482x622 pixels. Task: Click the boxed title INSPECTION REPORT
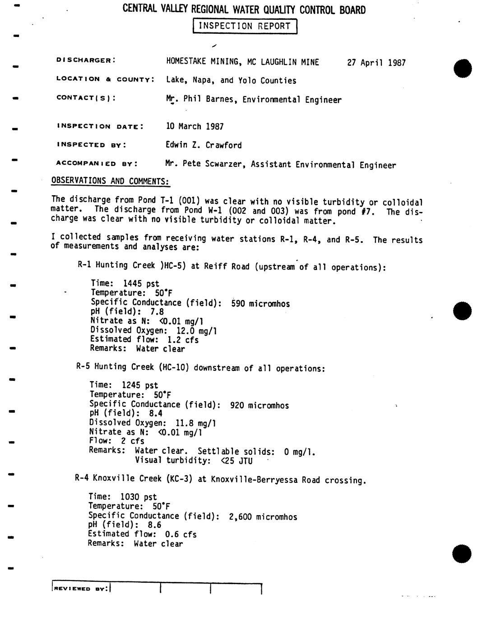[245, 26]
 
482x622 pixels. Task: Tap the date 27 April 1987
[376, 63]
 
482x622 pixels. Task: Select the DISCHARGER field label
[86, 60]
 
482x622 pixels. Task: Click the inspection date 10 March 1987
[195, 126]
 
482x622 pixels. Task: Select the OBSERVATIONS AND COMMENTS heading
[111, 181]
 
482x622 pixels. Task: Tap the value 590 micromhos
[260, 304]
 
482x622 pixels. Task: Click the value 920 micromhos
[259, 405]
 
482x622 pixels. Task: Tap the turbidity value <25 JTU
[236, 461]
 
